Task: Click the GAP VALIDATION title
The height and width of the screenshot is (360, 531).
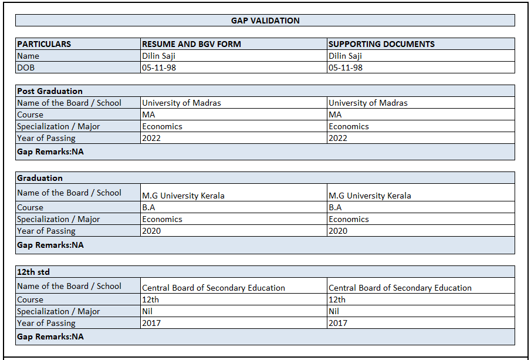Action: tap(265, 21)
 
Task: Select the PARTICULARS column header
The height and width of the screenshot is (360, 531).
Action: tap(44, 44)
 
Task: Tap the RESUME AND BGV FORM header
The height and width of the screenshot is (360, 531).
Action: tap(191, 44)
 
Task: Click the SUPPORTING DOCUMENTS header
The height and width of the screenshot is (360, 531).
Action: tap(381, 44)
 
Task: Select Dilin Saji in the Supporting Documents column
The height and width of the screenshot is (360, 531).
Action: tap(345, 56)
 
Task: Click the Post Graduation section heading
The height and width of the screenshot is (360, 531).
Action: tap(50, 91)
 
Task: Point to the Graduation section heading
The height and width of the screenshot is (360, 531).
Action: tap(40, 178)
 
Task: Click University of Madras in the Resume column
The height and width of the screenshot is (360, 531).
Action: tap(181, 103)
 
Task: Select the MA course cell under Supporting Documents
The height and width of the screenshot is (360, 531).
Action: tap(335, 115)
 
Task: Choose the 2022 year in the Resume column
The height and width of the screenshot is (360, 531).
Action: tap(151, 138)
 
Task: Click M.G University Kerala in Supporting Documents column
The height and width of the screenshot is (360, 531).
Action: tap(370, 196)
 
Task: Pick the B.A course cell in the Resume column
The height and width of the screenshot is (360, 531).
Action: tap(148, 207)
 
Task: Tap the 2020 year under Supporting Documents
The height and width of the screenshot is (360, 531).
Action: tap(338, 231)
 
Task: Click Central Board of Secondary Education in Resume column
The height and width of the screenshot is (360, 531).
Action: tap(214, 288)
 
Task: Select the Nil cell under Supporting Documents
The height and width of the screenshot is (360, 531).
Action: tap(334, 311)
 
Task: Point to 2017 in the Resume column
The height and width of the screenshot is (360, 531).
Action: tap(151, 323)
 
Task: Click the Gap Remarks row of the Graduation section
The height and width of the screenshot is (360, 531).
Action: tap(50, 245)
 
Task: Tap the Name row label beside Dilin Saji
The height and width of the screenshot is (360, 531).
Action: tap(28, 56)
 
